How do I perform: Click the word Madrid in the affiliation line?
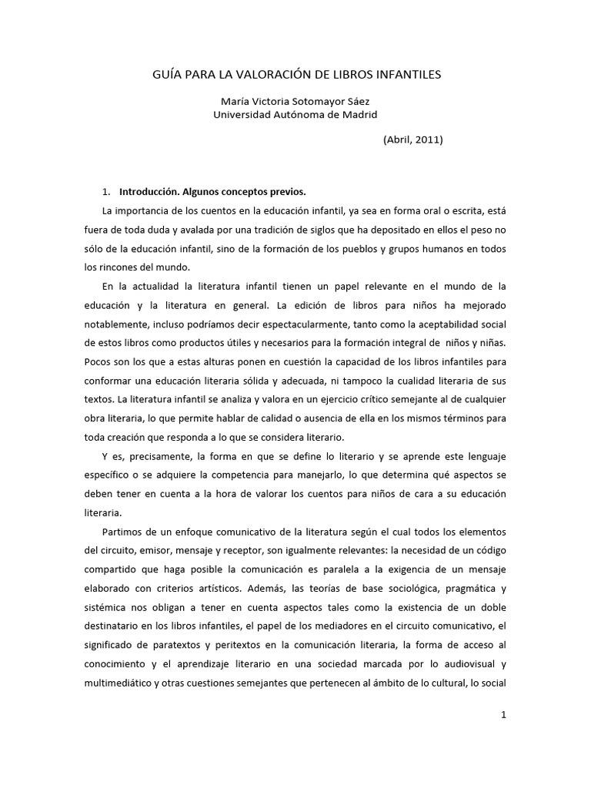tap(360, 114)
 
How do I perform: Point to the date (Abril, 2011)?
tap(412, 139)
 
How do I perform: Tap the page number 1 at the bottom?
tap(503, 715)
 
